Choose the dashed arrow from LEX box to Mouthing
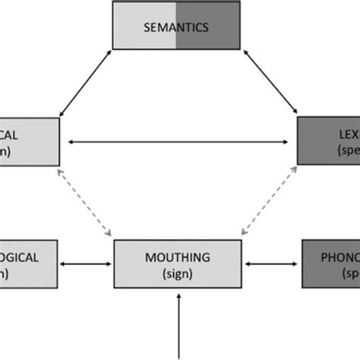tap(266, 201)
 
